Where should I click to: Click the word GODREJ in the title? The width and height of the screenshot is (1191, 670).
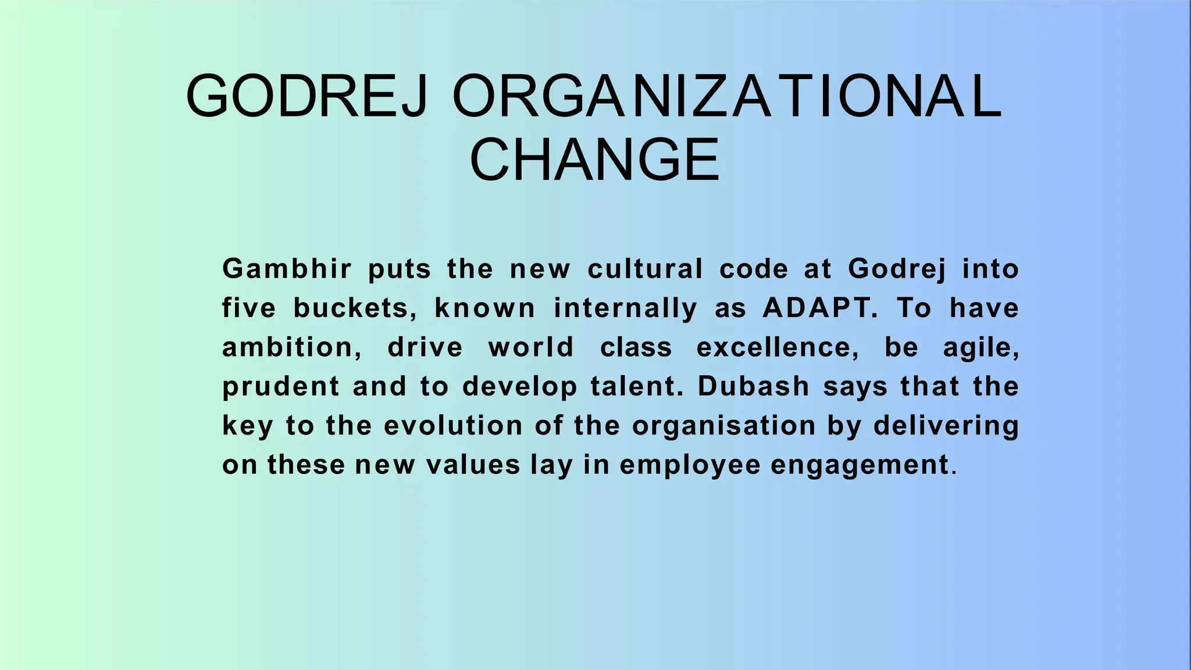click(307, 96)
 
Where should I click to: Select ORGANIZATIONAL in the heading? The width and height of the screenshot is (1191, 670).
click(727, 96)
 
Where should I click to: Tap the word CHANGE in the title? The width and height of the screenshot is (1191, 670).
click(595, 159)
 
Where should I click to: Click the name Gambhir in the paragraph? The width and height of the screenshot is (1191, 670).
click(287, 269)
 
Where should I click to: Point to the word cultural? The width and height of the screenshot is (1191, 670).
click(646, 269)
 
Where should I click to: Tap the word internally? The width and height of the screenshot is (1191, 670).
click(625, 308)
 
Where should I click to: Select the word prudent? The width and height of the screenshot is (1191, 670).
click(281, 387)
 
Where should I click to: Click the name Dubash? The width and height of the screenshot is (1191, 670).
click(754, 387)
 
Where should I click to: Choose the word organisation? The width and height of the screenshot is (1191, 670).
click(724, 426)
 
